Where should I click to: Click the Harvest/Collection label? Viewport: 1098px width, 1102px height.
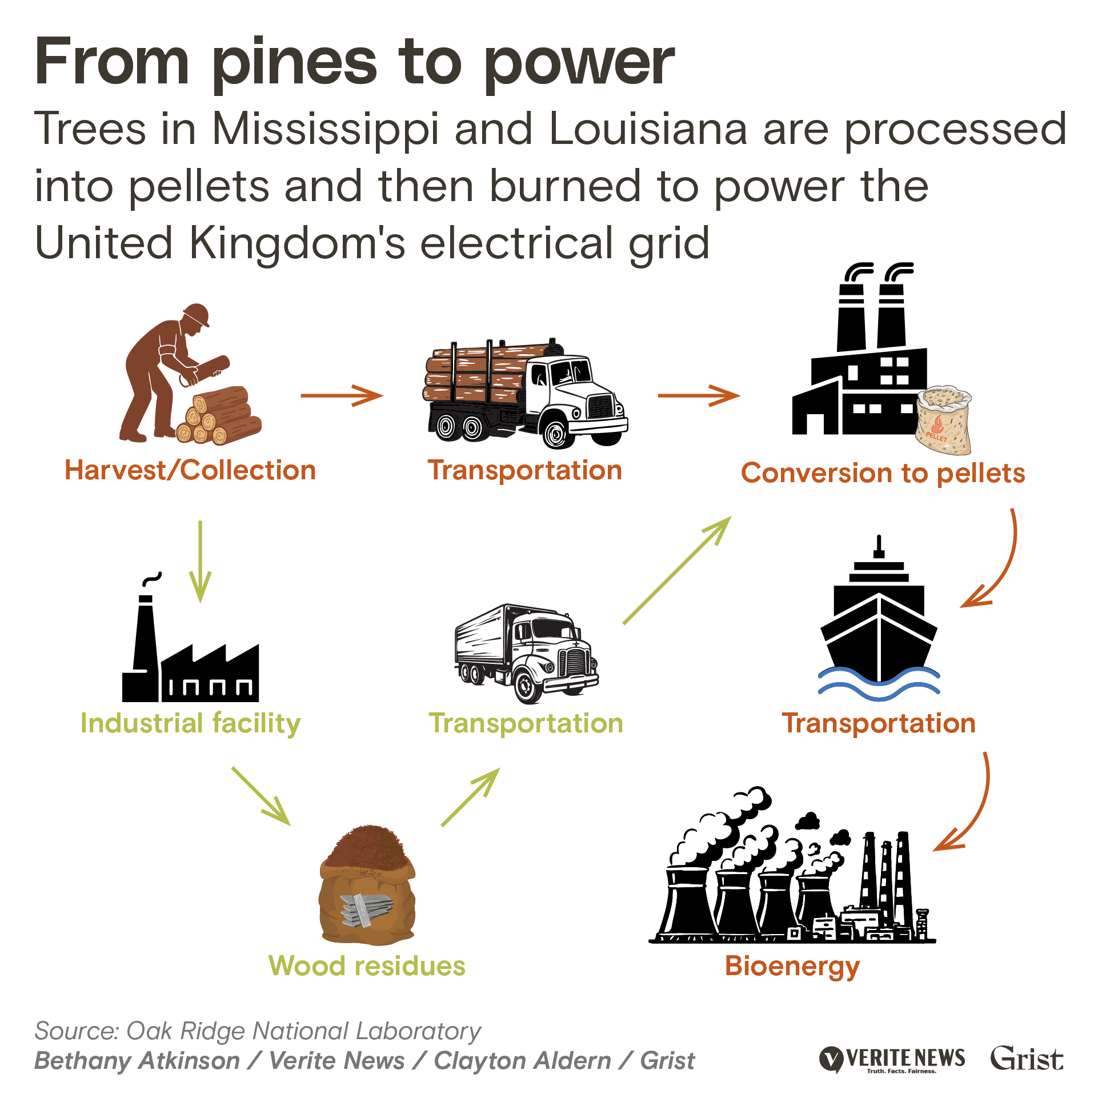[190, 471]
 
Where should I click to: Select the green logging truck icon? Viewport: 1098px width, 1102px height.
[526, 394]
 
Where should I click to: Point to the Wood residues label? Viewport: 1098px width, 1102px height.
[367, 966]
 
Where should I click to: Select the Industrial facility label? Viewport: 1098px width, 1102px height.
[190, 724]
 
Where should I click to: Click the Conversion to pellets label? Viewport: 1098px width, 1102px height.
[883, 474]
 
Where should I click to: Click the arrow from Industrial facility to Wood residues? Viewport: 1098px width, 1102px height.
[261, 796]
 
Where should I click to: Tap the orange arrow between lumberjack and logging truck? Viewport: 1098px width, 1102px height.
[342, 395]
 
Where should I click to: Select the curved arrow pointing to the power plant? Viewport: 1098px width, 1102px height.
[968, 806]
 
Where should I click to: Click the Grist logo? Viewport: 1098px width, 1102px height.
[1027, 1059]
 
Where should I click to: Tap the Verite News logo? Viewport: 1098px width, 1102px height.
[892, 1060]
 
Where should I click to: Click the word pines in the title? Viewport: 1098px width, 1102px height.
[294, 63]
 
